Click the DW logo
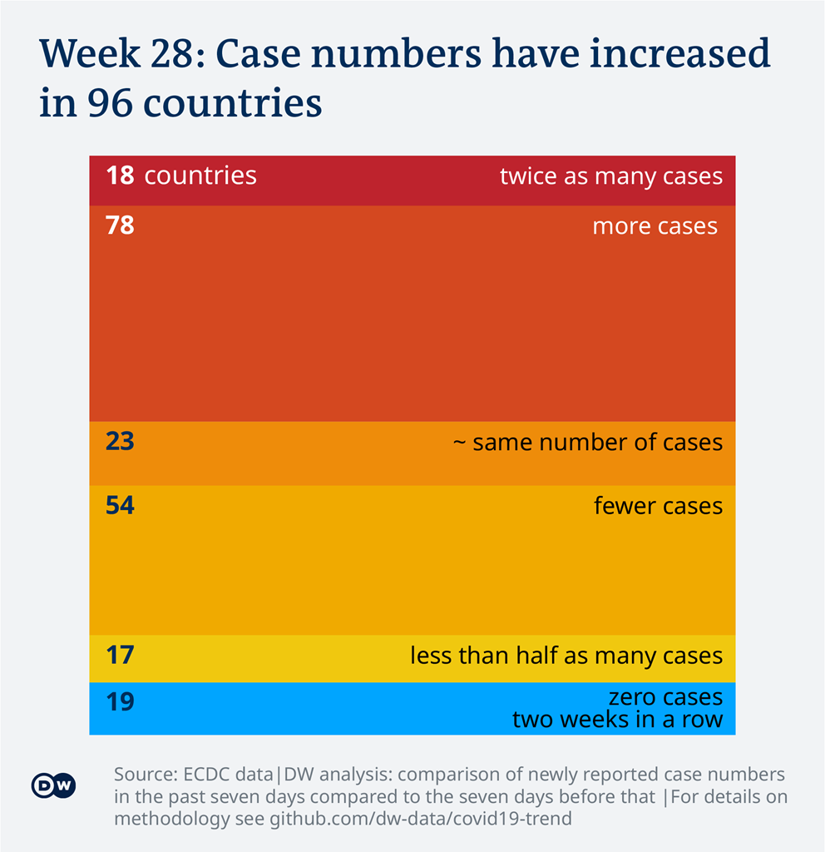(x=54, y=785)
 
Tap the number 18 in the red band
(x=120, y=176)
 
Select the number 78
(x=120, y=225)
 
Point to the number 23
(x=120, y=441)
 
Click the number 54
(x=120, y=505)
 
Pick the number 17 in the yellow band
(x=120, y=655)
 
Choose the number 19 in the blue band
(x=120, y=702)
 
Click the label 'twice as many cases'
(x=610, y=176)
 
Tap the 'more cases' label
(x=655, y=225)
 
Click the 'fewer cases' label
(x=658, y=506)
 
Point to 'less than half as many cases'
(x=566, y=656)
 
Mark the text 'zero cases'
(x=665, y=697)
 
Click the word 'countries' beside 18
(x=200, y=176)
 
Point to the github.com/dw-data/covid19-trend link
(x=421, y=819)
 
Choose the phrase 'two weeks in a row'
(x=617, y=719)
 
